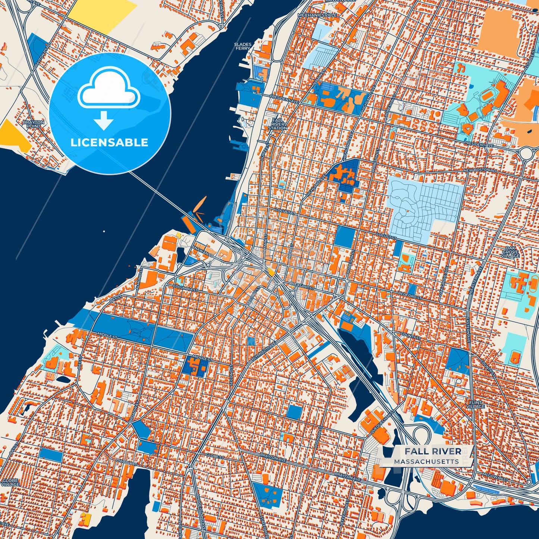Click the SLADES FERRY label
[242, 46]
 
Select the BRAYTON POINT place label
[34, 124]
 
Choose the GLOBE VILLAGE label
[10, 482]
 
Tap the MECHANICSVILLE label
[317, 15]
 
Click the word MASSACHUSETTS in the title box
[426, 461]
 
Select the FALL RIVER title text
[433, 451]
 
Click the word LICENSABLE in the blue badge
[109, 142]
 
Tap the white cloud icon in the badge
[109, 88]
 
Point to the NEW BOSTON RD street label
[480, 170]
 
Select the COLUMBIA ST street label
[185, 289]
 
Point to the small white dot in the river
[104, 232]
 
